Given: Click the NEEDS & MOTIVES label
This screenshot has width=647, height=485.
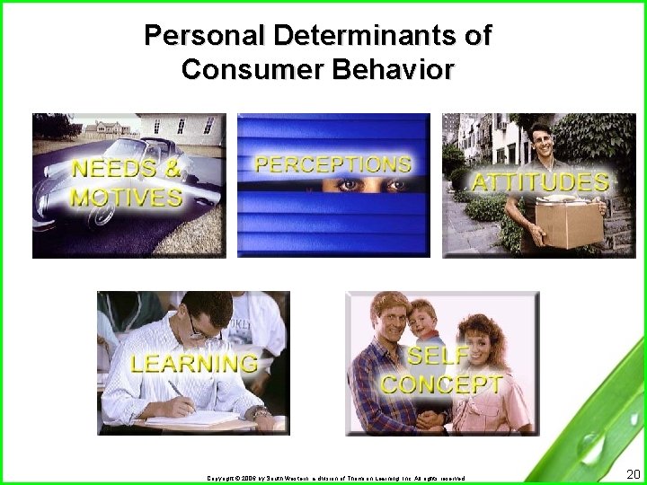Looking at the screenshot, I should click(127, 182).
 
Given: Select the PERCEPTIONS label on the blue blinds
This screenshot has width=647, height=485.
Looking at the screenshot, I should click(333, 164).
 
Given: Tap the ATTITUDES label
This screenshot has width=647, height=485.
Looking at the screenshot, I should click(541, 182).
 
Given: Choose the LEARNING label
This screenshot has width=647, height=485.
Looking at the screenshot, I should click(194, 364).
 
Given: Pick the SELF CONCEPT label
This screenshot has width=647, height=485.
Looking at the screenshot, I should click(440, 370).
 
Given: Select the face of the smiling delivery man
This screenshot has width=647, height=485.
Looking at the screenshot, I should click(542, 144).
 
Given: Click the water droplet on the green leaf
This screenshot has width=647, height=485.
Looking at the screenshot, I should click(589, 445).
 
